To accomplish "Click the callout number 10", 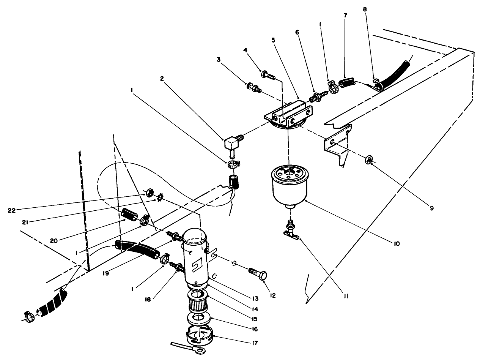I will [x=397, y=244].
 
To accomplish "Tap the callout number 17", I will [x=255, y=343].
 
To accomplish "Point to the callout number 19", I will [x=106, y=273].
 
